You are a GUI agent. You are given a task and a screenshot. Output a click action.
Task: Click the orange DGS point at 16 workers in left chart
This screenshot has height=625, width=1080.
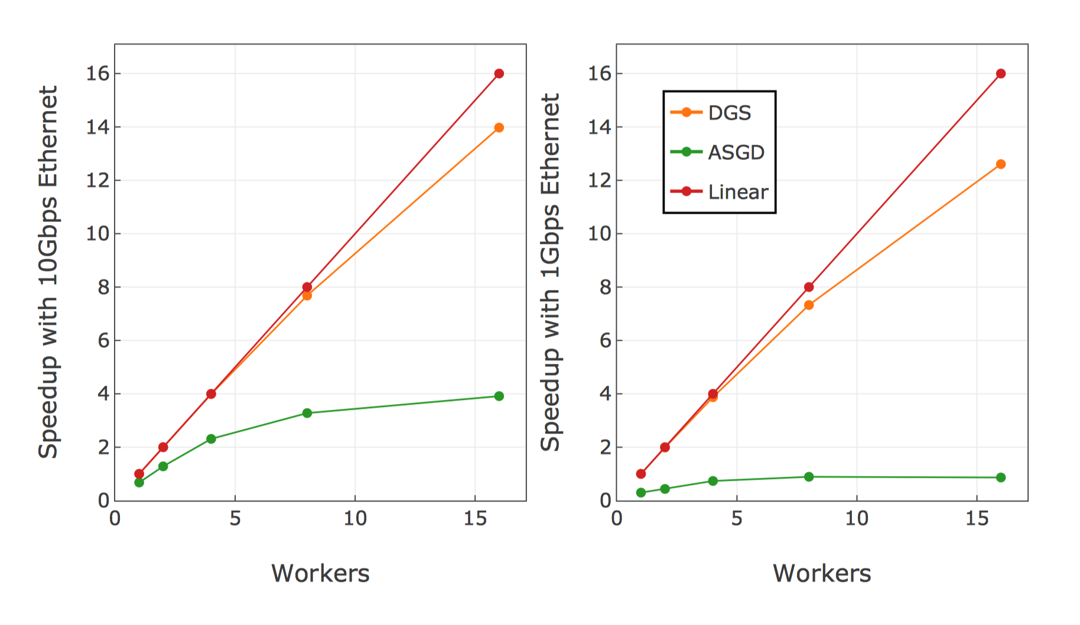(x=499, y=128)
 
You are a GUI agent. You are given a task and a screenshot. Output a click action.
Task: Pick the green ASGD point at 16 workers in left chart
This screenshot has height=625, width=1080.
(x=499, y=396)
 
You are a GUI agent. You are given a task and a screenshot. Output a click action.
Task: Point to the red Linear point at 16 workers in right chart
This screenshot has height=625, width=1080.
(x=1000, y=74)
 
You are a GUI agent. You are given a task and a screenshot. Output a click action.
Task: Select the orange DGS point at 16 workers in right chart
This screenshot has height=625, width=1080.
(x=1000, y=164)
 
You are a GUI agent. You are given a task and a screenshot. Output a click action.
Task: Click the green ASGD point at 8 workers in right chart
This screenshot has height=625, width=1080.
(x=809, y=477)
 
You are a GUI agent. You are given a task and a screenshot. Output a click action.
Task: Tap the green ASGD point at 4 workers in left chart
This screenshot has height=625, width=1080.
(x=211, y=439)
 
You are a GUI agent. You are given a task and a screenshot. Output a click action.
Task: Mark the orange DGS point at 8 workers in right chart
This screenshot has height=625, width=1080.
(x=809, y=305)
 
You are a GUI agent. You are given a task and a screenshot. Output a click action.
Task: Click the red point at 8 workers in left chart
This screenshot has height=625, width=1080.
(x=307, y=287)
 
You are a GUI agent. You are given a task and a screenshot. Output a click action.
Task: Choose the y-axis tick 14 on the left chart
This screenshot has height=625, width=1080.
(x=98, y=127)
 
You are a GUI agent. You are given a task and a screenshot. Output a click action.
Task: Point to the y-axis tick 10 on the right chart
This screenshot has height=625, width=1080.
(x=600, y=234)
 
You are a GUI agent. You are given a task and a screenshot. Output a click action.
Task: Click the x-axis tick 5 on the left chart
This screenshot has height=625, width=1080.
(x=235, y=519)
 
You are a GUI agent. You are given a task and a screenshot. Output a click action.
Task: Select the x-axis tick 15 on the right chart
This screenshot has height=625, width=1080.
(x=976, y=519)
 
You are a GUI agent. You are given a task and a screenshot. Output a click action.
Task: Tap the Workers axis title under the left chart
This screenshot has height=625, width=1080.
(x=320, y=574)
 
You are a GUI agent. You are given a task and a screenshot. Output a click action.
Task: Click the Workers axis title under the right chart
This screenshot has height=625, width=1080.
(x=822, y=574)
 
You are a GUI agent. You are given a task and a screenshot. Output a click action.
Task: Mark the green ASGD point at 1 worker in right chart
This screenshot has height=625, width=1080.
(x=641, y=492)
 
